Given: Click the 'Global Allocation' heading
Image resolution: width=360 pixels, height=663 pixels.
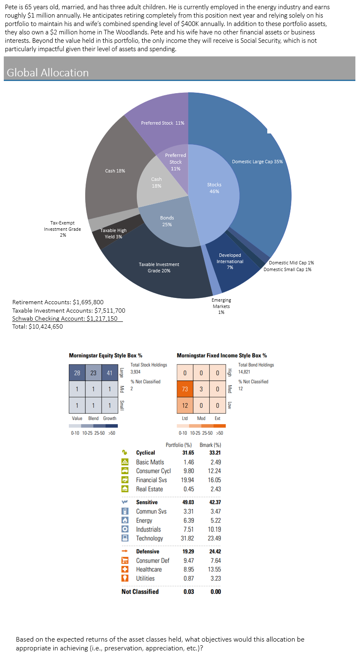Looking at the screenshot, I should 48,73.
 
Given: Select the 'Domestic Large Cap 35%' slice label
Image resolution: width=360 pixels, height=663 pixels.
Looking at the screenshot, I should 257,162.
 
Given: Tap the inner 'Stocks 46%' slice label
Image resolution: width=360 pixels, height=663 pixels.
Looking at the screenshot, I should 214,188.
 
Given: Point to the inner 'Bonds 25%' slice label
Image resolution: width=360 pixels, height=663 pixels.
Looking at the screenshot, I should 167,221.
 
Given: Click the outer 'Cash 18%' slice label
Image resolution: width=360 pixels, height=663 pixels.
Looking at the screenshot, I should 115,171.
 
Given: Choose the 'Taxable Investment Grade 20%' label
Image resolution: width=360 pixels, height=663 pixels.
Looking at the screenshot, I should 159,267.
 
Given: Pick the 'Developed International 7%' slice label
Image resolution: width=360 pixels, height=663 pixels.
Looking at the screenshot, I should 230,261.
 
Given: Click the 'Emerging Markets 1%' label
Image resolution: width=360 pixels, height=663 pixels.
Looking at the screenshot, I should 221,306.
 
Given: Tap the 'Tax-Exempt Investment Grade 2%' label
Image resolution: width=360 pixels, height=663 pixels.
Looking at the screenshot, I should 63,229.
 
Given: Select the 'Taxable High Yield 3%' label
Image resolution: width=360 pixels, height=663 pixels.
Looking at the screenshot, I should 113,233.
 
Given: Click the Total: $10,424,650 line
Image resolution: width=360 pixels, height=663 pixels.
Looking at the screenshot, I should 38,326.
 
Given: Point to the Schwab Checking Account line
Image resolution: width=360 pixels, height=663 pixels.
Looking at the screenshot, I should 65,318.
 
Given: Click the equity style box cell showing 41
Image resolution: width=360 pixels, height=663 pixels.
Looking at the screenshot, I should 110,373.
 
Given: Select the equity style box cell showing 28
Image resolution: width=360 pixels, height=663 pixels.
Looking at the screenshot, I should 77,373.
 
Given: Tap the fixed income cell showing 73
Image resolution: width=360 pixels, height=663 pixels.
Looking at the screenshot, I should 185,389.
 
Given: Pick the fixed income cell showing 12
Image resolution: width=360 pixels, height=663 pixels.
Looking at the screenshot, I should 185,405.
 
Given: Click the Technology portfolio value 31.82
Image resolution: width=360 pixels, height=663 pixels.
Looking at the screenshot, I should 187,538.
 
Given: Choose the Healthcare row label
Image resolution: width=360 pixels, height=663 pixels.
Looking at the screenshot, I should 149,569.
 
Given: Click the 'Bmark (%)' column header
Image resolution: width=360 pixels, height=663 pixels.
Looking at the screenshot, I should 210,445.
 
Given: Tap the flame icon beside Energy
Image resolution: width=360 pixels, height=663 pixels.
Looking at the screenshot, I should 125,520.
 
